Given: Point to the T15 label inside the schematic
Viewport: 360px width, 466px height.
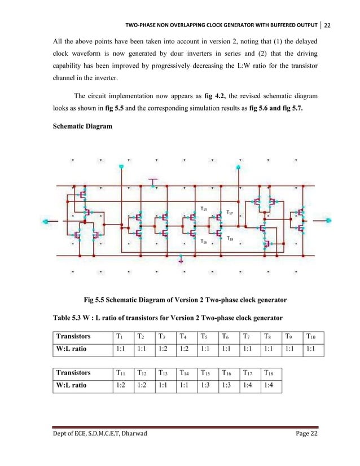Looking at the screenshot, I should (x=204, y=209).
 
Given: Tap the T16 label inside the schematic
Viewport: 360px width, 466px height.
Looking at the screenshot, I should (x=204, y=241).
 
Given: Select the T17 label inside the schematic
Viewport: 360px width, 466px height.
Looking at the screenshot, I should (x=229, y=213).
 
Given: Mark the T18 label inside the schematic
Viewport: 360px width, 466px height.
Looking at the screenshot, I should (x=230, y=239).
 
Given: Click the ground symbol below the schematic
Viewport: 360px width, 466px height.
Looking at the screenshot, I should (x=181, y=261).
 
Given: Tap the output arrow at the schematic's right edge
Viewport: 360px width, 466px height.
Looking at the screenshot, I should (x=328, y=221).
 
